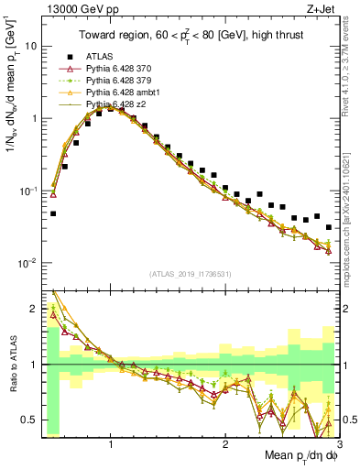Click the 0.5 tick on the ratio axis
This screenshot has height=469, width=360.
pyautogui.click(x=29, y=420)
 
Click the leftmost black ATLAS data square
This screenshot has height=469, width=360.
pyautogui.click(x=53, y=213)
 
